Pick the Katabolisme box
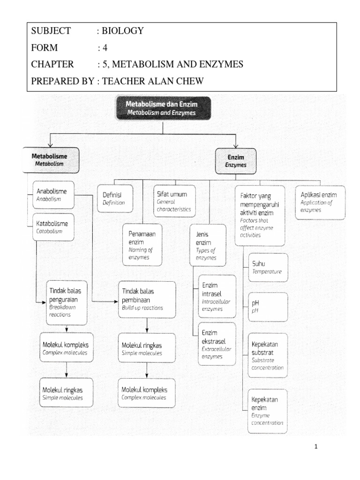pyautogui.click(x=52, y=227)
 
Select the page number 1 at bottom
pyautogui.click(x=316, y=447)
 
